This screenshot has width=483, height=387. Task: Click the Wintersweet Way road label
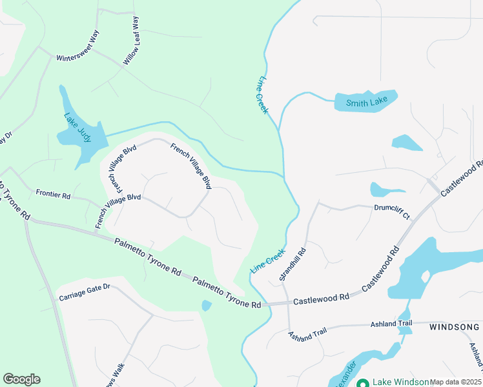tap(77, 47)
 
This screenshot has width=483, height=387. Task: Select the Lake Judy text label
tap(77, 126)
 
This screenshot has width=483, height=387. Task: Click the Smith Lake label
tap(364, 103)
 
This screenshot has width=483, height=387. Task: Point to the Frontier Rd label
tap(53, 193)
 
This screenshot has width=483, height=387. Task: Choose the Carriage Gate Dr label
tap(85, 292)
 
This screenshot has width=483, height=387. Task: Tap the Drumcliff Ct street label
tap(392, 208)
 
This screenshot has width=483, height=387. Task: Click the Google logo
tap(21, 379)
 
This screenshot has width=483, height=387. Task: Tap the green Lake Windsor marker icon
tap(363, 382)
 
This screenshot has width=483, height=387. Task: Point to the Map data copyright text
tap(455, 382)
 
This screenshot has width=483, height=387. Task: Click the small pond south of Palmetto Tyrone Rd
tap(206, 305)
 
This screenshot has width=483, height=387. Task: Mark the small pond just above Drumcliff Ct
tap(379, 190)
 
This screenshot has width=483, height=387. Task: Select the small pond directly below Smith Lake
tap(406, 143)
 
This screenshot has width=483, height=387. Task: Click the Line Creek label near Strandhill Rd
tap(267, 261)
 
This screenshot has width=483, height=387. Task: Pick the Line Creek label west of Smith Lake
tap(262, 95)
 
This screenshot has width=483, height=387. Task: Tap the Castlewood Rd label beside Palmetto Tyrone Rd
tap(321, 299)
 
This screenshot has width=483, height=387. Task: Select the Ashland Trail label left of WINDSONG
tap(391, 323)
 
